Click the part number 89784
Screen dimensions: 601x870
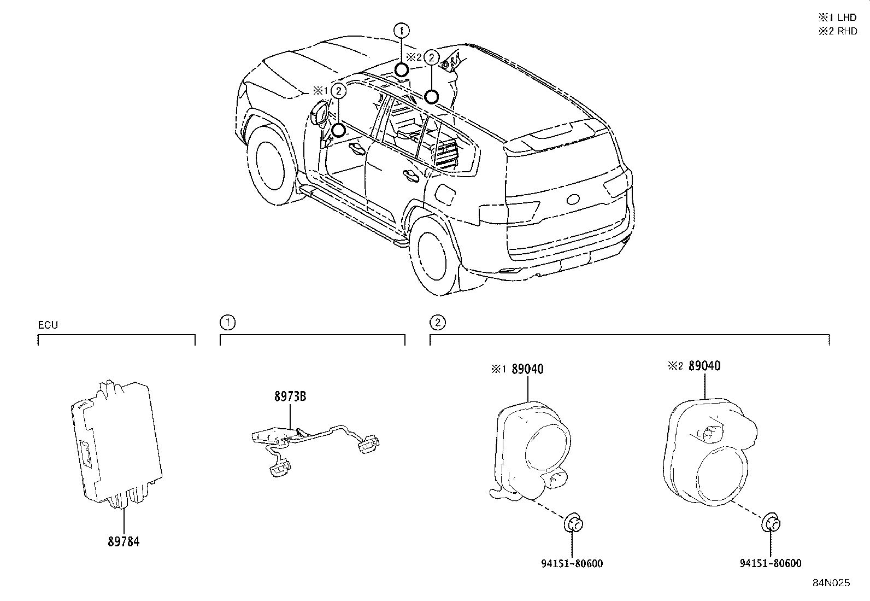pyautogui.click(x=123, y=542)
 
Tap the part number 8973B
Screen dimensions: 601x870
pyautogui.click(x=290, y=396)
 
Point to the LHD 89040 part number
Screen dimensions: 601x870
pyautogui.click(x=527, y=369)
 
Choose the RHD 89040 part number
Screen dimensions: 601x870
pyautogui.click(x=704, y=366)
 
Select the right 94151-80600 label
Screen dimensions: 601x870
pyautogui.click(x=770, y=563)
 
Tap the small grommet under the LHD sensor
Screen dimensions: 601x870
pyautogui.click(x=573, y=523)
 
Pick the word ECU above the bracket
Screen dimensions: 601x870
pyautogui.click(x=48, y=325)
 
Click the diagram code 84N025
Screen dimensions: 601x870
pyautogui.click(x=830, y=583)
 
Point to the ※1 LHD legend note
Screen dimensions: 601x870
pyautogui.click(x=837, y=17)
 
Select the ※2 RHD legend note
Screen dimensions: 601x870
pyautogui.click(x=837, y=31)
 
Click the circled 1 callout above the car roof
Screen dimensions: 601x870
pyautogui.click(x=402, y=30)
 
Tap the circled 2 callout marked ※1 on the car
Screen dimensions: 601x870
pyautogui.click(x=339, y=91)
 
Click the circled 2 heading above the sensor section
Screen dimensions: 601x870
pyautogui.click(x=437, y=323)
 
